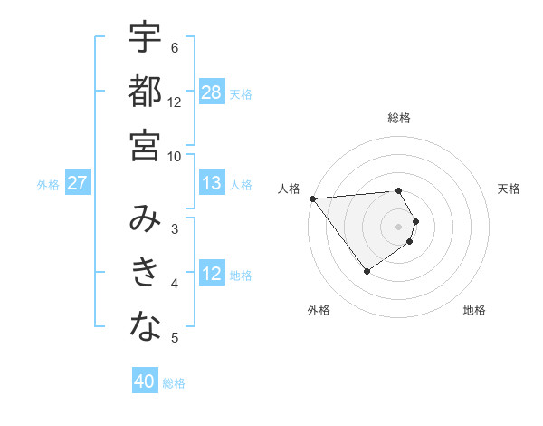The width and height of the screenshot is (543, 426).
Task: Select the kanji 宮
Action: pyautogui.click(x=145, y=144)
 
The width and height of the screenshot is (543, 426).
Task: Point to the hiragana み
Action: pyautogui.click(x=145, y=218)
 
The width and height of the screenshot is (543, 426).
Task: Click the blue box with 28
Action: pyautogui.click(x=212, y=92)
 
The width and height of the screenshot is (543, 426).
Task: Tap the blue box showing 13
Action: pyautogui.click(x=212, y=183)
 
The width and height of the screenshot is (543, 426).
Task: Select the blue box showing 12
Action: pyautogui.click(x=212, y=273)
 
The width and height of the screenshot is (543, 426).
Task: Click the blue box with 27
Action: pyautogui.click(x=77, y=183)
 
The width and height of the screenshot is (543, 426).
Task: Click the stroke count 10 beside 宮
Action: pyautogui.click(x=175, y=156)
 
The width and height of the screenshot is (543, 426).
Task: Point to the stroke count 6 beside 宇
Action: pyautogui.click(x=175, y=47)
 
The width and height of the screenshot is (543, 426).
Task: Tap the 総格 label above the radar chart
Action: pyautogui.click(x=399, y=118)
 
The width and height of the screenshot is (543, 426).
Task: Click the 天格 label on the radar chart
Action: pyautogui.click(x=509, y=189)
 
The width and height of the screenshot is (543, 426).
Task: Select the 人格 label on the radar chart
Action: pyautogui.click(x=289, y=189)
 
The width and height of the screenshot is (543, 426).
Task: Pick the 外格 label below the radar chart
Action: pyautogui.click(x=319, y=310)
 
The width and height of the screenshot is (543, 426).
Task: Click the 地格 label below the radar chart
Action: pyautogui.click(x=474, y=310)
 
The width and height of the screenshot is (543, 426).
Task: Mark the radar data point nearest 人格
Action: pyautogui.click(x=312, y=198)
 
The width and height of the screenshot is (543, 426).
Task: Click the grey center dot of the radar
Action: pyautogui.click(x=399, y=226)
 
